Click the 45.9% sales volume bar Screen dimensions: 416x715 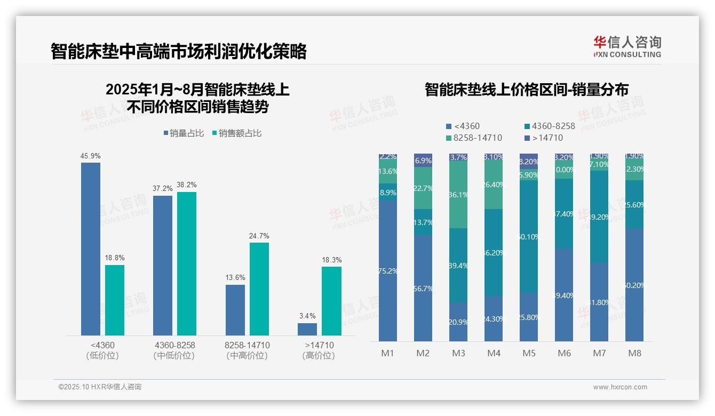(x=91, y=249)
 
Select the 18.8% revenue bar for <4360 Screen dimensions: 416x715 (x=115, y=300)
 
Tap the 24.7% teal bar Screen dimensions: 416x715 (x=259, y=289)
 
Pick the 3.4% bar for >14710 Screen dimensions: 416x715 (x=307, y=329)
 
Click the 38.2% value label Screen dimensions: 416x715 (x=187, y=185)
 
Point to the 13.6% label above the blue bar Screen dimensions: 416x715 (x=235, y=277)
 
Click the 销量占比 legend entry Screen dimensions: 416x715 (x=184, y=133)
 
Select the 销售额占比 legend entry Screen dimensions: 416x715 (x=237, y=133)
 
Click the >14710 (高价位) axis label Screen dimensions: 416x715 (x=319, y=350)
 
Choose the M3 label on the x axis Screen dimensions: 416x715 (x=458, y=353)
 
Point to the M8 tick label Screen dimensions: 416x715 (x=634, y=353)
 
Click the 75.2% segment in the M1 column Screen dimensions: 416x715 (x=388, y=271)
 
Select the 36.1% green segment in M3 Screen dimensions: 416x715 (x=458, y=195)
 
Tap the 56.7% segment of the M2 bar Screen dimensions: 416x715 (x=423, y=289)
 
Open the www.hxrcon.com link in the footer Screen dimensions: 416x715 (x=619, y=387)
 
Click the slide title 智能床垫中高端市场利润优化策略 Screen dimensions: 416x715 (x=179, y=52)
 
